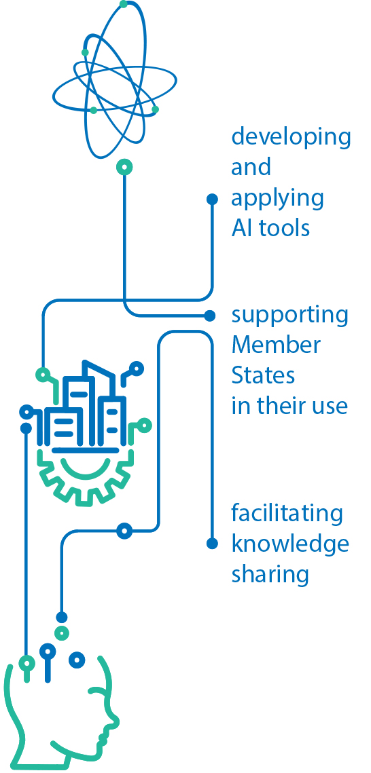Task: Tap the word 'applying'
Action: pos(278,199)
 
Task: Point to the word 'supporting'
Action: pos(290,316)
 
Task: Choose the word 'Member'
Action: pos(276,345)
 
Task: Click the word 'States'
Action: pos(263,376)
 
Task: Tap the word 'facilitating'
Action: pos(287,513)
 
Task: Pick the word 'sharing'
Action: pos(270,575)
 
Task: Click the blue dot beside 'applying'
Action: pos(212,199)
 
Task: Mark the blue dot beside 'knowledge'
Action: pos(212,543)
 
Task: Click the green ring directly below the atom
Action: pos(124,167)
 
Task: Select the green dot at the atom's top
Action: pos(124,5)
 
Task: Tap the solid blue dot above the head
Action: pos(62,617)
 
